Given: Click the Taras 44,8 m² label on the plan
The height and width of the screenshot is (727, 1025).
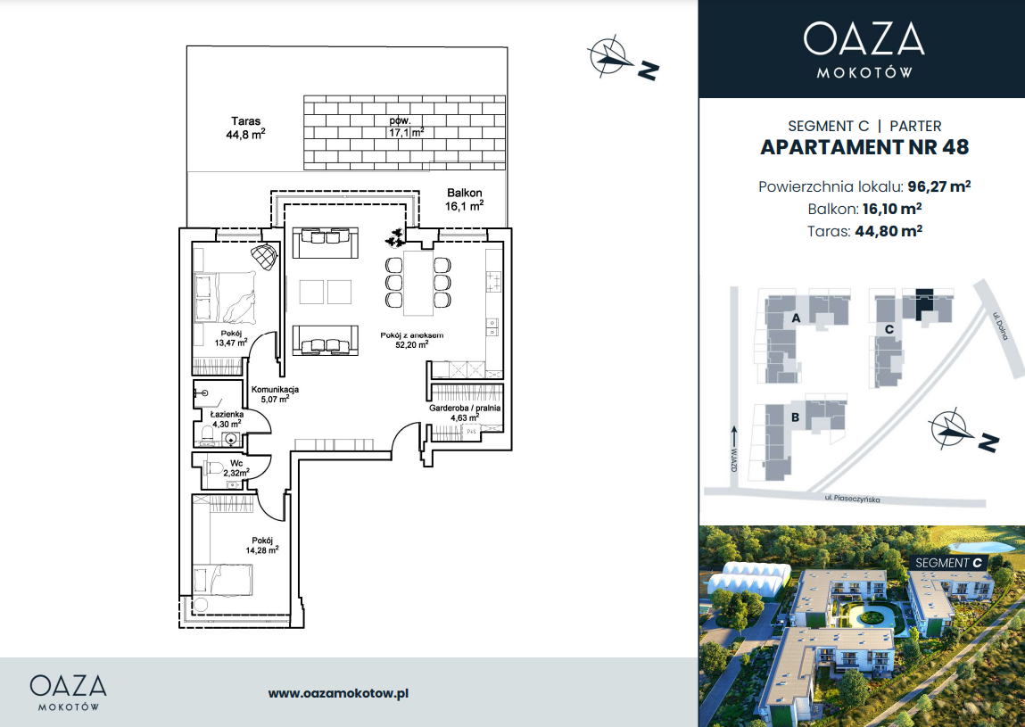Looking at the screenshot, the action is pyautogui.click(x=246, y=128).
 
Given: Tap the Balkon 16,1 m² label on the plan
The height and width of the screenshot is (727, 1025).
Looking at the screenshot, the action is pyautogui.click(x=464, y=200).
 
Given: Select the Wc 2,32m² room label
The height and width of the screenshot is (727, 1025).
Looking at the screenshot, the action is pyautogui.click(x=236, y=468).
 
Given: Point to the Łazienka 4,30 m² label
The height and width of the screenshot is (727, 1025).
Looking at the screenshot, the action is pyautogui.click(x=227, y=419).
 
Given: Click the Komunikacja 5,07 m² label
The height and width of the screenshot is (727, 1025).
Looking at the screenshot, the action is pyautogui.click(x=276, y=394).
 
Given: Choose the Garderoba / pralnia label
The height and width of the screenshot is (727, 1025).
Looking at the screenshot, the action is pyautogui.click(x=465, y=408).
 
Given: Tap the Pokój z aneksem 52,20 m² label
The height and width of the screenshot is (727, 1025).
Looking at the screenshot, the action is pyautogui.click(x=412, y=340).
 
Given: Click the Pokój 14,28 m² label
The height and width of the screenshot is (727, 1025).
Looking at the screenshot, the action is pyautogui.click(x=262, y=545).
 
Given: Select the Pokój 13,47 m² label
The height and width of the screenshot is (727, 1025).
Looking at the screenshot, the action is pyautogui.click(x=231, y=338).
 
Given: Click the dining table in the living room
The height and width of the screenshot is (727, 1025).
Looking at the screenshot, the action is pyautogui.click(x=418, y=283).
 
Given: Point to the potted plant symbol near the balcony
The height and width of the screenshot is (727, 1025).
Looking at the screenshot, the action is pyautogui.click(x=395, y=237).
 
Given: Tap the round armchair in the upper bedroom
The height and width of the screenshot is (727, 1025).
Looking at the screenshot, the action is pyautogui.click(x=264, y=256).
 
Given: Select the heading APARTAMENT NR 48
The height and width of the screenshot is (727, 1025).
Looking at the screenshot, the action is pyautogui.click(x=864, y=147).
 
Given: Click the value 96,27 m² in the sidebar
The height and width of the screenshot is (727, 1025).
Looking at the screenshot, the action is pyautogui.click(x=938, y=186).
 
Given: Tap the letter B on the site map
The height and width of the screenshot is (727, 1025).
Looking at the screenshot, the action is pyautogui.click(x=795, y=417).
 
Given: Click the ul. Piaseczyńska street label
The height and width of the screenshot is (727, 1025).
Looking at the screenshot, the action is pyautogui.click(x=852, y=499).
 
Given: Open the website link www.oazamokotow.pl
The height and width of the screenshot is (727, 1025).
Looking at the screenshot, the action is pyautogui.click(x=339, y=693).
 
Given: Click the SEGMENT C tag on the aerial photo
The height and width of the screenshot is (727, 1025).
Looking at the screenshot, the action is pyautogui.click(x=948, y=562).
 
